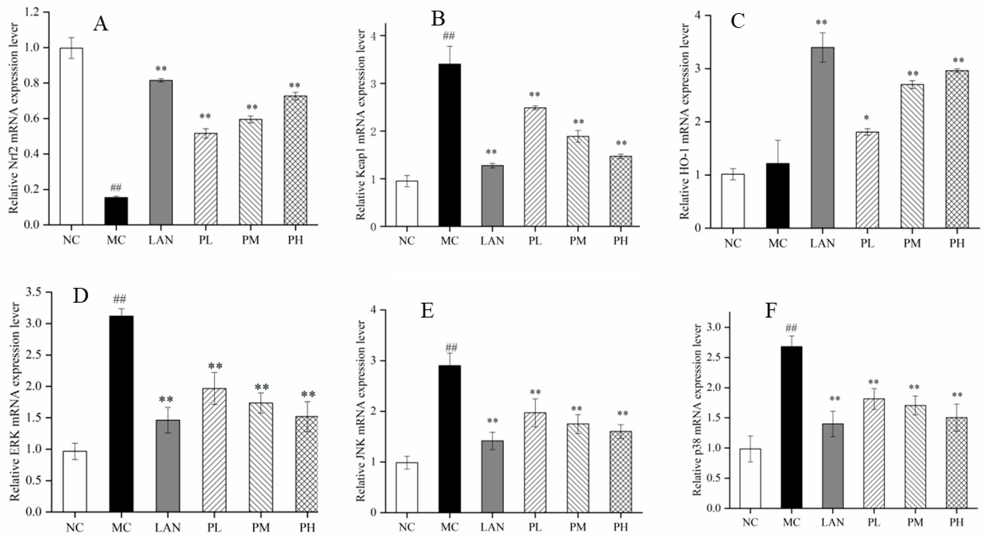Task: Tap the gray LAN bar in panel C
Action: coord(823,138)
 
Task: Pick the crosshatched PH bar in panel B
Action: coord(621,191)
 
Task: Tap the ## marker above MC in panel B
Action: coord(449,37)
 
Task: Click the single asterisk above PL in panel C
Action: coord(867,118)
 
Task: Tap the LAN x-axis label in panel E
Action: coord(492,527)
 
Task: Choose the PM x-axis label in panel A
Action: coord(250,240)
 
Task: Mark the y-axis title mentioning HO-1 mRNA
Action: coord(685,121)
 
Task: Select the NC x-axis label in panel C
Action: coord(733,243)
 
